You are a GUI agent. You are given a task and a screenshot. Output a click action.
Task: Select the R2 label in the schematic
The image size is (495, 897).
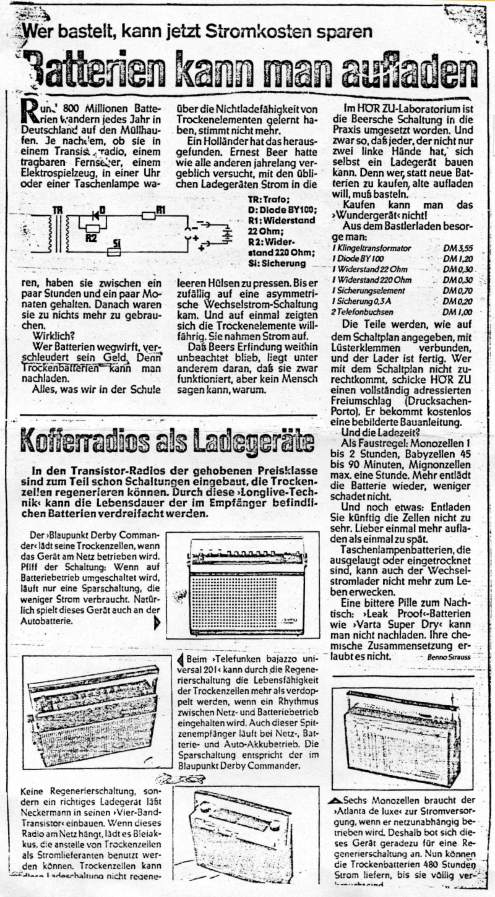coord(91,238)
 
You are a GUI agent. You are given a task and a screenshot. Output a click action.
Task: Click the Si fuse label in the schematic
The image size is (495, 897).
coord(115,244)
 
